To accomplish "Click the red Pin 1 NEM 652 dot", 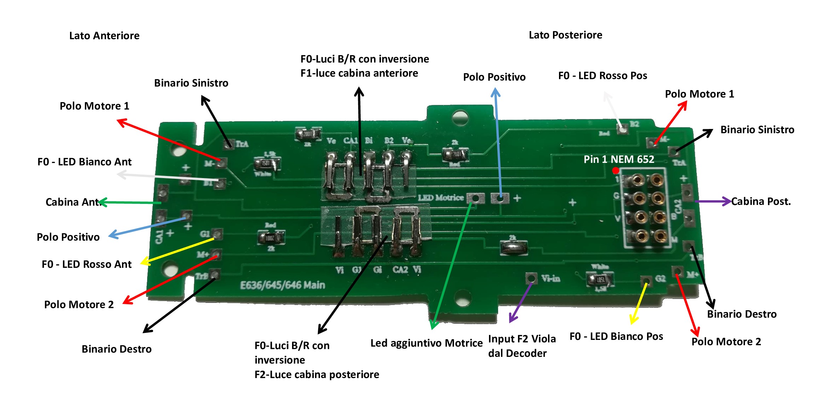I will coord(615,171).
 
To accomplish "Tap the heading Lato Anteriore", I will coord(104,36).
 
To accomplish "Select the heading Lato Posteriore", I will coord(565,35).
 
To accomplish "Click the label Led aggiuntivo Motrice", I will coord(426,343).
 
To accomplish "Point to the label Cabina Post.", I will coord(761,201).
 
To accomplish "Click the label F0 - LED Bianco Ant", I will coord(85,162).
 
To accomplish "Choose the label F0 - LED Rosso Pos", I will coord(602,76).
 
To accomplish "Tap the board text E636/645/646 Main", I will coord(283,285).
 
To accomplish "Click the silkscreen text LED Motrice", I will coord(441,198).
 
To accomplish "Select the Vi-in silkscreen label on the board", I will coord(551,279).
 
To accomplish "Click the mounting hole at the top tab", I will coord(460,117).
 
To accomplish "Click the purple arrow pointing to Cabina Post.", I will coord(712,201).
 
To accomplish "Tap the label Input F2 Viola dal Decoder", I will coord(522,346).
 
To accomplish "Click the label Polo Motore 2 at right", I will coord(726,342).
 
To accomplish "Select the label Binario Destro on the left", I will coord(117,349).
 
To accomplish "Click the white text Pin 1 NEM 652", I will coord(619,159).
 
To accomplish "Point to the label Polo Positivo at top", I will coord(494,77).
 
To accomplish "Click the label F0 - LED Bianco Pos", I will coord(616,336).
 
